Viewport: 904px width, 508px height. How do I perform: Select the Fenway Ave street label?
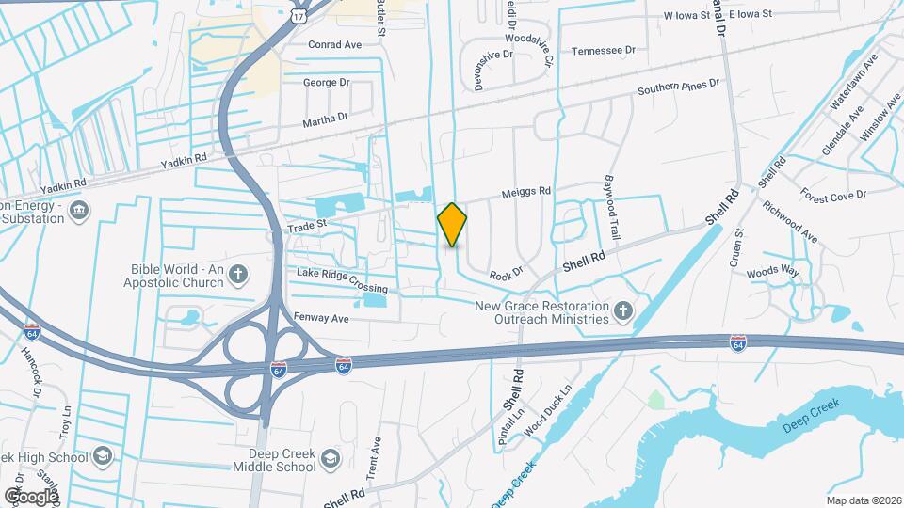[x=321, y=319]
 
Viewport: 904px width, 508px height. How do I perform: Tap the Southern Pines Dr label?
[x=678, y=88]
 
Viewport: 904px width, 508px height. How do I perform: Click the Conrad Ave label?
[x=335, y=43]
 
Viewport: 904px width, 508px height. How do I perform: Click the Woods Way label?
[x=772, y=272]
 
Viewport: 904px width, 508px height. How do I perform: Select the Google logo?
[x=31, y=496]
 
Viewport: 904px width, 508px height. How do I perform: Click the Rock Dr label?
[x=506, y=274]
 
